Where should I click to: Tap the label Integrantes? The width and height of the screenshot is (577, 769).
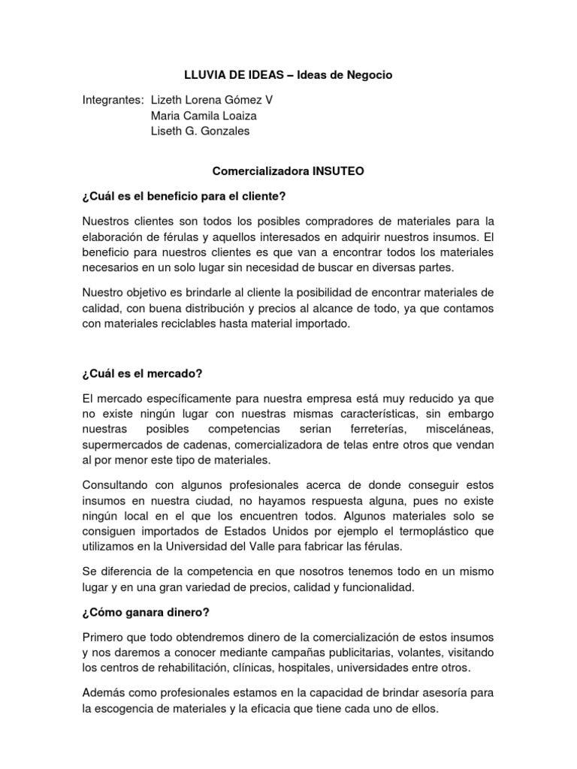tap(113, 99)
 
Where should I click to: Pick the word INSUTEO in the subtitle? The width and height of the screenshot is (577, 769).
tap(338, 171)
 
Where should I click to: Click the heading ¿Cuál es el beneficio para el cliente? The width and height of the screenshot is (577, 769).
tap(184, 197)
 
